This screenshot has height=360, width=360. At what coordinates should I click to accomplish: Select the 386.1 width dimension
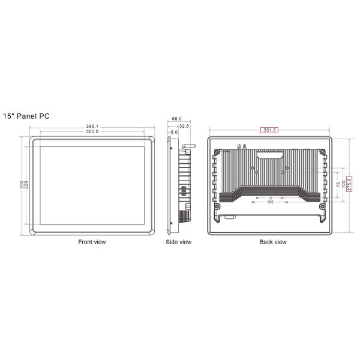[x=92, y=127]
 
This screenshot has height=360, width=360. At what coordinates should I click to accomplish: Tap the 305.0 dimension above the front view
[x=92, y=132]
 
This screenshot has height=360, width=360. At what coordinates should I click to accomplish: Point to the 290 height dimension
[x=21, y=185]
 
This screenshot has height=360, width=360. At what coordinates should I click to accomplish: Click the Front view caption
[x=92, y=242]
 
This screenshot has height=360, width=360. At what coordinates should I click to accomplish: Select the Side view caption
[x=178, y=242]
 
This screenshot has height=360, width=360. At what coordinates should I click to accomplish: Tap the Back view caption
[x=273, y=242]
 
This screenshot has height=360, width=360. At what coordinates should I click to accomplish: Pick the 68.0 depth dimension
[x=176, y=119]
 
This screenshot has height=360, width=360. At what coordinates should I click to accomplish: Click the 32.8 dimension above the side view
[x=184, y=126]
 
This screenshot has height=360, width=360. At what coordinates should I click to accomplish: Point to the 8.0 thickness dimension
[x=174, y=132]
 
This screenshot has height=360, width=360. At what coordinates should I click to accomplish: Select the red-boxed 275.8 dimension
[x=349, y=184]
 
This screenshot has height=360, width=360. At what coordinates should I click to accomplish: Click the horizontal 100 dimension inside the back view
[x=270, y=203]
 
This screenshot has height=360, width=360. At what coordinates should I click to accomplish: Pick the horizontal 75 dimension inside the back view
[x=270, y=197]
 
